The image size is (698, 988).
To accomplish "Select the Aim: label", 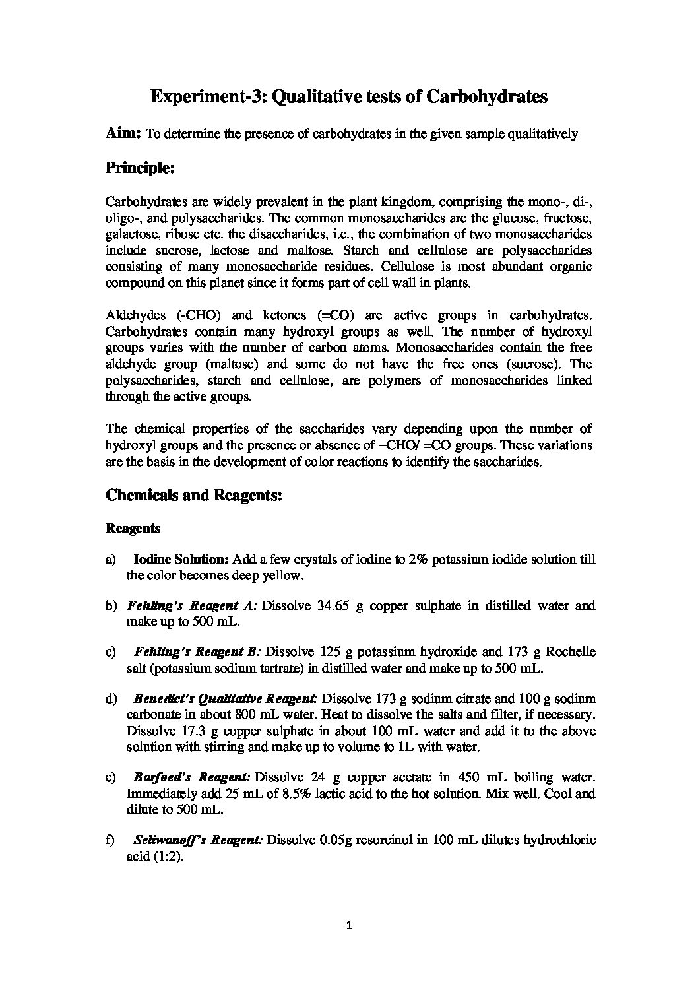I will click(x=123, y=133).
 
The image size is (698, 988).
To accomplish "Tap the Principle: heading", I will click(x=140, y=168).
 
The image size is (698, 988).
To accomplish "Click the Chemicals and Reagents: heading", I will click(x=194, y=496).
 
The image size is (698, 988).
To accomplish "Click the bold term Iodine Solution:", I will click(x=181, y=559).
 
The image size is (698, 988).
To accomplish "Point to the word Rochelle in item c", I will click(x=571, y=652).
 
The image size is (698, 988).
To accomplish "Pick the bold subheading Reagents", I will click(x=133, y=529).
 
